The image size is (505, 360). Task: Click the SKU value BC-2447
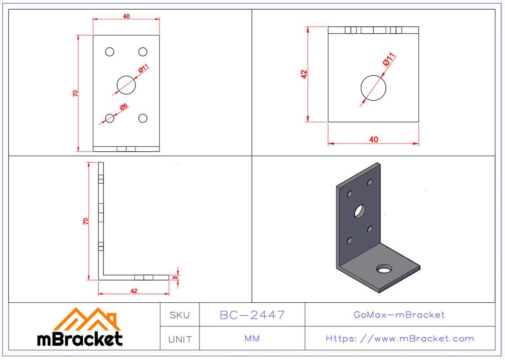pyautogui.click(x=252, y=315)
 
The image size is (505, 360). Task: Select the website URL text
pyautogui.click(x=400, y=339)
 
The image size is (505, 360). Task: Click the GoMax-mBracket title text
pyautogui.click(x=399, y=315)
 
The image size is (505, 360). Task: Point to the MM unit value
pyautogui.click(x=252, y=339)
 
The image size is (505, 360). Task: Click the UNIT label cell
pyautogui.click(x=180, y=339)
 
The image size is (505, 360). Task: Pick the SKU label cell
pyautogui.click(x=180, y=315)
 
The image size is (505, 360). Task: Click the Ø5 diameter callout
pyautogui.click(x=124, y=107)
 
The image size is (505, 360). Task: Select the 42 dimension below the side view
pyautogui.click(x=134, y=291)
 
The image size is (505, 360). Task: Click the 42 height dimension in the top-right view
pyautogui.click(x=304, y=74)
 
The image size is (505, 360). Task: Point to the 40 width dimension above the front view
pyautogui.click(x=126, y=16)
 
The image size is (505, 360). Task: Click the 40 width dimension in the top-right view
pyautogui.click(x=373, y=140)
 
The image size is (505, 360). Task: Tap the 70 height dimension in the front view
pyautogui.click(x=75, y=93)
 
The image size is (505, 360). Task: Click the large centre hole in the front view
pyautogui.click(x=126, y=85)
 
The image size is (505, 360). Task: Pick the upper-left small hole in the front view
pyautogui.click(x=110, y=52)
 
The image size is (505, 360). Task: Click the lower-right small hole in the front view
pyautogui.click(x=143, y=118)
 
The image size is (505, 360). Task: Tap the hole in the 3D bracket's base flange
pyautogui.click(x=383, y=269)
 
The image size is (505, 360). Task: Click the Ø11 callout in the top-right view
pyautogui.click(x=389, y=59)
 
